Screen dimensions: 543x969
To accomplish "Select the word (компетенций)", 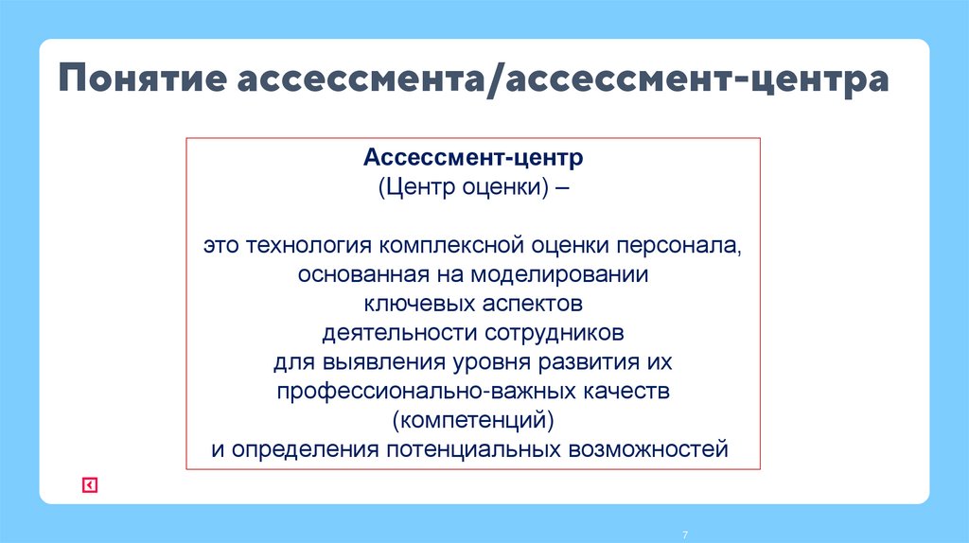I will (472, 419).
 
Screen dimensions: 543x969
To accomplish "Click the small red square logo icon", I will (89, 485).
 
